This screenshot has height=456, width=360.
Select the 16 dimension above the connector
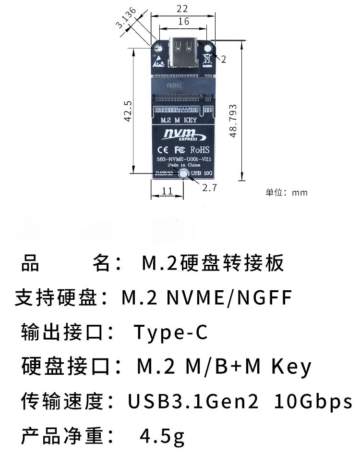[183, 21]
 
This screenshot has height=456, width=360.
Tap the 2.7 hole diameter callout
[210, 187]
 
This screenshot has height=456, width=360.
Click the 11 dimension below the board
[167, 191]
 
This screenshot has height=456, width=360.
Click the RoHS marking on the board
[200, 148]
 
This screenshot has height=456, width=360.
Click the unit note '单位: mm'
[287, 193]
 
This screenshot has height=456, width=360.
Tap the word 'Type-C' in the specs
[170, 332]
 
